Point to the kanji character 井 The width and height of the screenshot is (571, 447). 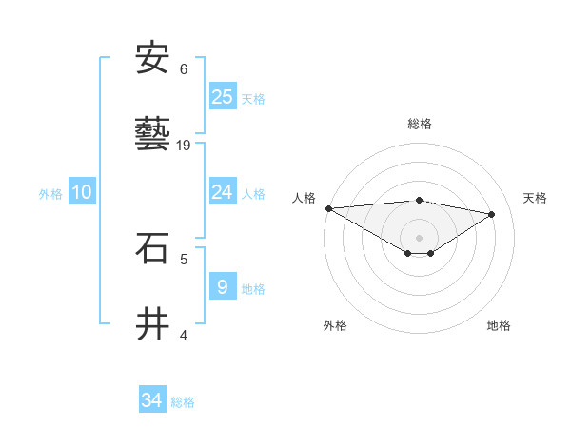[x=152, y=324]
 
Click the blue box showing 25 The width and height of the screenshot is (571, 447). [x=223, y=96]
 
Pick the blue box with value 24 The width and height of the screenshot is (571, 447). [x=223, y=192]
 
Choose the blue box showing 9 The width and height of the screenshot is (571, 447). [x=223, y=287]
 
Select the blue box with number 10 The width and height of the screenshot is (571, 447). [x=82, y=192]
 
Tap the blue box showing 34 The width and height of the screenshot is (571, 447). [x=152, y=400]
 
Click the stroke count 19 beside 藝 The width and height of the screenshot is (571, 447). [x=185, y=146]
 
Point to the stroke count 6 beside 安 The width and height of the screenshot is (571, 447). [x=184, y=69]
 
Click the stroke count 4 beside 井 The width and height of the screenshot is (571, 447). [x=184, y=335]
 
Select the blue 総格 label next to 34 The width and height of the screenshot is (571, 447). [x=183, y=401]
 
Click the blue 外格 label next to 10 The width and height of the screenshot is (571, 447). [x=50, y=193]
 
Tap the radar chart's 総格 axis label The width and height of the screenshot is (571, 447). [x=419, y=124]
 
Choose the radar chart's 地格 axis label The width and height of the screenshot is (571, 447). [x=499, y=325]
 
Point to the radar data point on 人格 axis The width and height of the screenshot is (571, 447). [x=328, y=208]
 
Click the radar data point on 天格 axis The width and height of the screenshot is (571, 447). [x=492, y=214]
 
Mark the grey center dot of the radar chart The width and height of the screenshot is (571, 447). [x=419, y=237]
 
